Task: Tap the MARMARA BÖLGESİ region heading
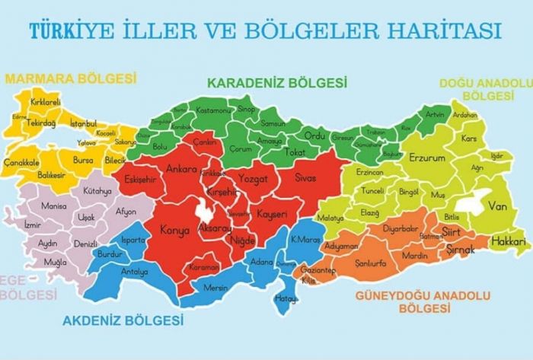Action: pyautogui.click(x=70, y=78)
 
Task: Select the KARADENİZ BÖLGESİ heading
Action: pyautogui.click(x=277, y=82)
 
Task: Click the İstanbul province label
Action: pyautogui.click(x=83, y=123)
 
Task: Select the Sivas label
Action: pyautogui.click(x=309, y=177)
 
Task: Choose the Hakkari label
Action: pyautogui.click(x=509, y=242)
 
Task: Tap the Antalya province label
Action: pyautogui.click(x=135, y=271)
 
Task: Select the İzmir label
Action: pyautogui.click(x=33, y=225)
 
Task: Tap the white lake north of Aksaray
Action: pyautogui.click(x=205, y=208)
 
